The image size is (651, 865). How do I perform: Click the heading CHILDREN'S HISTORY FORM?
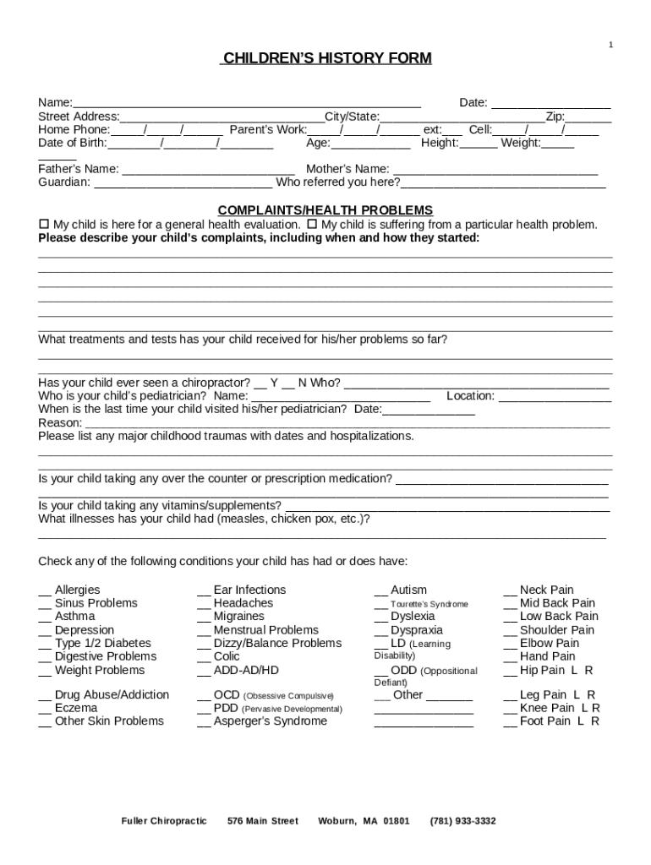point(326,58)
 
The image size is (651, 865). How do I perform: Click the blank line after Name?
point(246,104)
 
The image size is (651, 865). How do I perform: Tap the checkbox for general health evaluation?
point(45,225)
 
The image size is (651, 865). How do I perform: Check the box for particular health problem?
point(312,225)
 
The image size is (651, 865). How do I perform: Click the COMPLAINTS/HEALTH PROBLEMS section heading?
point(325,210)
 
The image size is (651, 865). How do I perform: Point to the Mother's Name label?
point(347,169)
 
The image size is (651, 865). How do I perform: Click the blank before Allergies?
point(44,590)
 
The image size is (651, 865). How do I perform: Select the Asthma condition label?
point(75,617)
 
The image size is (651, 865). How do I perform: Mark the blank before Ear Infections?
point(203,590)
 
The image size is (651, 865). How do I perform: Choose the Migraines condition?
point(238,617)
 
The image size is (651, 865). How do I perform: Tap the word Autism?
point(408,590)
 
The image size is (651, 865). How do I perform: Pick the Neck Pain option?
point(546,590)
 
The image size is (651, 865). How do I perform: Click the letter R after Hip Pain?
point(589,671)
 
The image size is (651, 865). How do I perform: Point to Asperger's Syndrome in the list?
point(270,721)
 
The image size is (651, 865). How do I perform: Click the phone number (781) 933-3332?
point(462,821)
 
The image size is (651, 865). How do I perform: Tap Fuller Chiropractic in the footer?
point(164,821)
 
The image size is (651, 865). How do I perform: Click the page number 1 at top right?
point(610,44)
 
